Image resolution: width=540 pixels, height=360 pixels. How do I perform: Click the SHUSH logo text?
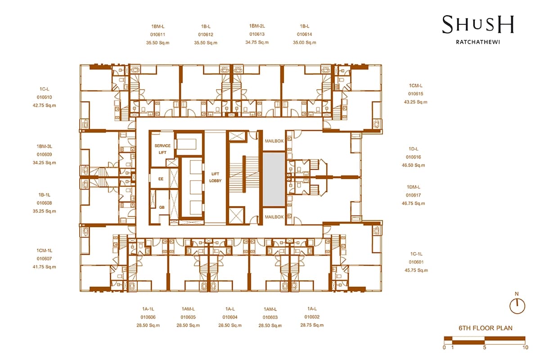tap(478, 24)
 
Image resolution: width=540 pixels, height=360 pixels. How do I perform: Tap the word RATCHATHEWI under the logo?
tap(478, 42)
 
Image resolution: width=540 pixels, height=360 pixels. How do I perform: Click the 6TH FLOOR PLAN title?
tap(486, 328)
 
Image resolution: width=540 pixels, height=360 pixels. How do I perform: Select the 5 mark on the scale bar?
tap(485, 347)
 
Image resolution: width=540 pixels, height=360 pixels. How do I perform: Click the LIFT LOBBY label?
tap(215, 177)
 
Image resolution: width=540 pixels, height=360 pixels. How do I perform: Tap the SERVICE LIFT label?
tap(162, 149)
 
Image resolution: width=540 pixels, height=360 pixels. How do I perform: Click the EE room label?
tap(161, 179)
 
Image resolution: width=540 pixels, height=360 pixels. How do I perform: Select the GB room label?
tap(162, 207)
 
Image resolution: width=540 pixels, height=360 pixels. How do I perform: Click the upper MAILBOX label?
tap(274, 141)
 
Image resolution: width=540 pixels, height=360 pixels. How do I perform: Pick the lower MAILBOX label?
tap(274, 217)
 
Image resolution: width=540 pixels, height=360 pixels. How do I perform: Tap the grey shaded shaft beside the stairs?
tap(274, 179)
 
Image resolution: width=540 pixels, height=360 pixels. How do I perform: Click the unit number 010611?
tap(157, 35)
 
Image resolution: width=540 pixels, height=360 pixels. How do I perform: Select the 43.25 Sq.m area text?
tap(416, 102)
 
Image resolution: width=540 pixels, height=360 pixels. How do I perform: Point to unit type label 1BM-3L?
tap(45, 146)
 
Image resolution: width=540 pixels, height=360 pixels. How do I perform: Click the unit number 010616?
tap(414, 157)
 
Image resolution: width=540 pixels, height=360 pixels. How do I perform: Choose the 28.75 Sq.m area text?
tap(312, 325)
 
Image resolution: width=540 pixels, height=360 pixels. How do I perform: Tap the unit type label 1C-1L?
tap(416, 254)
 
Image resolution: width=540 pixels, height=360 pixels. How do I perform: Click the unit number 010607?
tap(45, 259)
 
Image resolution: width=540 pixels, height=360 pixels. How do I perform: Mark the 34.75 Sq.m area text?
tap(257, 42)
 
